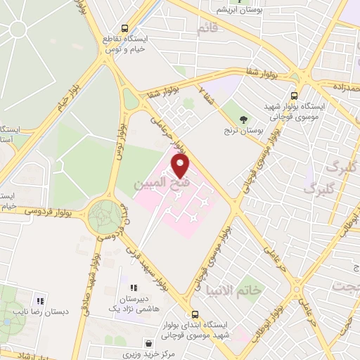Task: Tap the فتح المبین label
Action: click(169, 186)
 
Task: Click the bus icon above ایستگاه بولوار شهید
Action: click(294, 96)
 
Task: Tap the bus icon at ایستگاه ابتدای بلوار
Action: click(195, 315)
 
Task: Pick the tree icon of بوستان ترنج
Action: click(243, 119)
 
